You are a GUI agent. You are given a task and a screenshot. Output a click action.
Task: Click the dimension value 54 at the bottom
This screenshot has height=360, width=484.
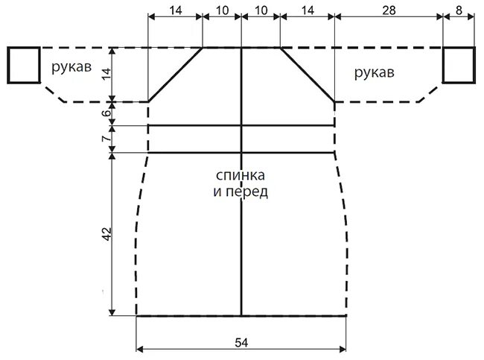tap(242, 342)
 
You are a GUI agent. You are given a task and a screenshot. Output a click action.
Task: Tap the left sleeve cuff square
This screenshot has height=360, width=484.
tap(23, 65)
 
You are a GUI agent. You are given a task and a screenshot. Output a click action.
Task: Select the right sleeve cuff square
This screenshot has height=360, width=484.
tap(459, 65)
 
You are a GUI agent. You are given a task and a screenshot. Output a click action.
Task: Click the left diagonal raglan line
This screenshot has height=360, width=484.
tap(176, 75)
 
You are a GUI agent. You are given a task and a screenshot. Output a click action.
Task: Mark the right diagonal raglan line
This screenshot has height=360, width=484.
tap(307, 75)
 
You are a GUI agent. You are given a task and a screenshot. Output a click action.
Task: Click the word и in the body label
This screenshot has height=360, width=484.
tap(217, 191)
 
